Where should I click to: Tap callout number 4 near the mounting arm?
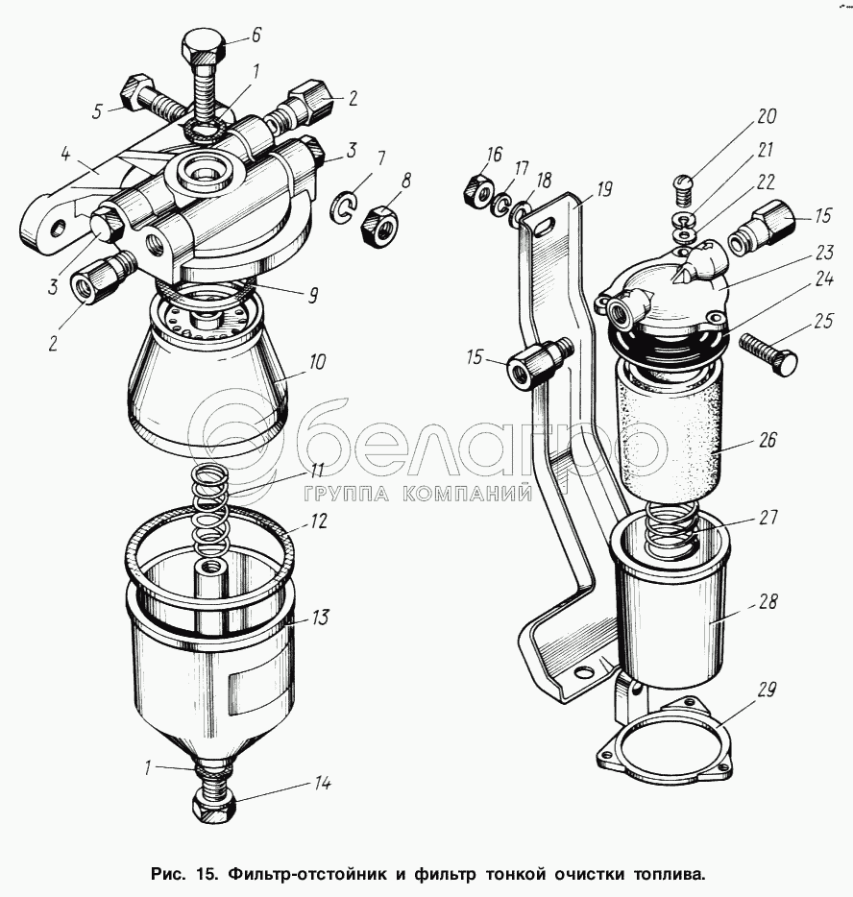pyautogui.click(x=65, y=155)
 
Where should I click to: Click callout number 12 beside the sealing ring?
pyautogui.click(x=319, y=521)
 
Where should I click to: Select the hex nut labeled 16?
pyautogui.click(x=476, y=190)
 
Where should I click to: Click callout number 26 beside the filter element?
pyautogui.click(x=768, y=440)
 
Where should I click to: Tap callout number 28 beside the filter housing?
pyautogui.click(x=768, y=601)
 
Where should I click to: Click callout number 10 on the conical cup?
pyautogui.click(x=317, y=361)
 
